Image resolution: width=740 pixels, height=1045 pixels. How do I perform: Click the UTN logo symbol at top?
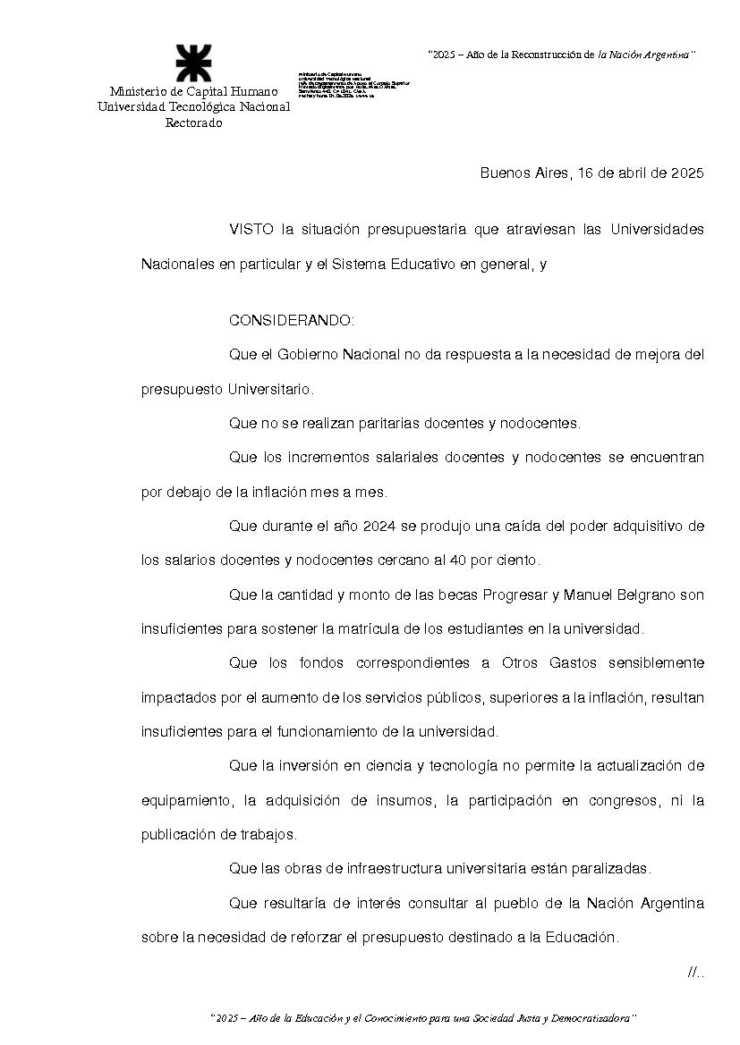pyautogui.click(x=193, y=63)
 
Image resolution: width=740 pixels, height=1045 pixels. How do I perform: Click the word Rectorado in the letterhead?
pyautogui.click(x=193, y=122)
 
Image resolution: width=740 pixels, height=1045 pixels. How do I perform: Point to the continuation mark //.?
pyautogui.click(x=695, y=973)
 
